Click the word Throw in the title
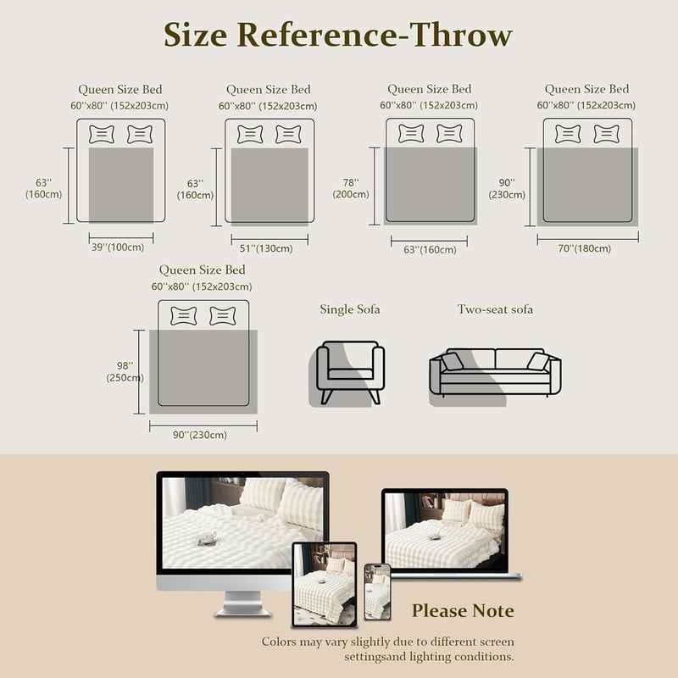click(x=461, y=35)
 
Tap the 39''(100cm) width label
click(x=118, y=247)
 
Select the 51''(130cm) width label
click(x=266, y=248)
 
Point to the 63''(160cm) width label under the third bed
click(x=430, y=250)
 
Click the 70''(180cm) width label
click(x=585, y=248)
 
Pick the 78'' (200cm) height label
click(x=351, y=188)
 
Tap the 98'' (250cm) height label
click(x=125, y=372)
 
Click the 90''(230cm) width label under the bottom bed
click(x=200, y=435)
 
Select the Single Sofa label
click(x=350, y=309)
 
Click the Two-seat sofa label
click(x=495, y=309)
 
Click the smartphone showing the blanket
click(x=377, y=592)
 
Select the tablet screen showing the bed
click(x=325, y=584)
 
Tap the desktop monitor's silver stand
click(x=242, y=603)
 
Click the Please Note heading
click(x=463, y=611)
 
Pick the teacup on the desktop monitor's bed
click(x=207, y=538)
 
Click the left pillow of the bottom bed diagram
click(x=184, y=315)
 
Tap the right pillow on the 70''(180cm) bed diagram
click(x=606, y=134)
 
